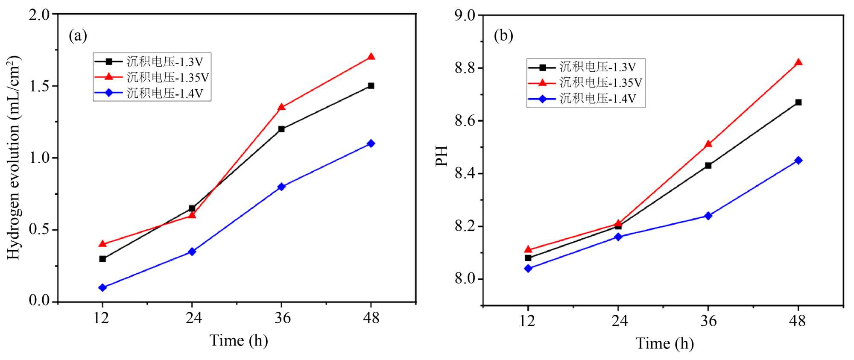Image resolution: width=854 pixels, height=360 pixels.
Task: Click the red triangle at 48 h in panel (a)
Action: click(x=371, y=57)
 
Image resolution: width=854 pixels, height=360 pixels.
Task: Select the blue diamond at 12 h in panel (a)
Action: click(x=102, y=287)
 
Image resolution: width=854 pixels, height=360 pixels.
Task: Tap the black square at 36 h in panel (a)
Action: click(x=281, y=129)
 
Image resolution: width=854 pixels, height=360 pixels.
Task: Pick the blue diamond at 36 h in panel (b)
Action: click(x=708, y=216)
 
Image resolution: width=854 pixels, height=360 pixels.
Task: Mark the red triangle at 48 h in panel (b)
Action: click(x=798, y=62)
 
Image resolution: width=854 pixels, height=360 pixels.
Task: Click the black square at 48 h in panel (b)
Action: click(x=798, y=102)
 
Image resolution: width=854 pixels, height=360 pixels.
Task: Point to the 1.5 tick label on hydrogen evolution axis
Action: click(x=40, y=86)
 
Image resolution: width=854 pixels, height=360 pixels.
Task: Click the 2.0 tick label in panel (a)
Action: click(x=40, y=15)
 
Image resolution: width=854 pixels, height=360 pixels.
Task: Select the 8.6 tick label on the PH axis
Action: click(x=465, y=121)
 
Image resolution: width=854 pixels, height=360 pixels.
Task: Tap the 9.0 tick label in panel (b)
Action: click(x=465, y=15)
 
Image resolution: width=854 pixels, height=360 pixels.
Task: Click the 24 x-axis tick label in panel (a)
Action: click(x=193, y=318)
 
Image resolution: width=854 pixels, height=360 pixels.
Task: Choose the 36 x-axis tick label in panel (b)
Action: click(x=708, y=321)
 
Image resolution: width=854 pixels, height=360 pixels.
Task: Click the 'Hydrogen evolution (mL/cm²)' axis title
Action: click(x=14, y=158)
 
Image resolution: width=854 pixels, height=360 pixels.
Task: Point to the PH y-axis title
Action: click(x=442, y=156)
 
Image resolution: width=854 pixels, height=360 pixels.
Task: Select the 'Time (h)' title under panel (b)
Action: click(x=664, y=343)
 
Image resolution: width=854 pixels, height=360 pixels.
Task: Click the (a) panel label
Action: click(x=78, y=36)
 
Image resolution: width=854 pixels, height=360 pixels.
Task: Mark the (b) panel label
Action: click(x=503, y=36)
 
